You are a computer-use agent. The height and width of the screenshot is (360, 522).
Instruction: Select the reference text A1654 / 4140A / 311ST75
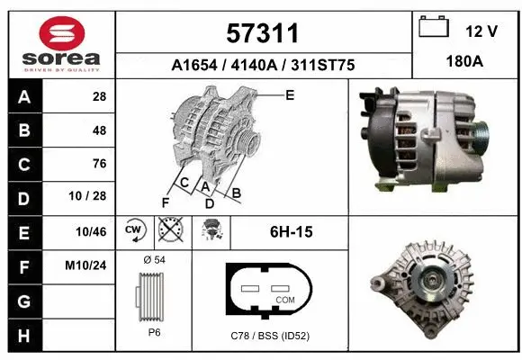pos(262,66)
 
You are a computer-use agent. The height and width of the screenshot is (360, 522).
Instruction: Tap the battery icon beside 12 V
pos(435,29)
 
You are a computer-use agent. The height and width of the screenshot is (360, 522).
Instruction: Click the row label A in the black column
pos(22,97)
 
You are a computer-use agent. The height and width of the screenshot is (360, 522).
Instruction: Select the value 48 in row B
pos(99,130)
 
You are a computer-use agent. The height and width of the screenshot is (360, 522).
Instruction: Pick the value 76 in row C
pos(99,164)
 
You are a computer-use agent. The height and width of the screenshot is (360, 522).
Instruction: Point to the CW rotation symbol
pos(134,231)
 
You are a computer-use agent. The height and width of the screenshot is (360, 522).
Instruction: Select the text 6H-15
pos(291,232)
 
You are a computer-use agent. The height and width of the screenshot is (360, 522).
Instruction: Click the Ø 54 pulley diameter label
pos(154,260)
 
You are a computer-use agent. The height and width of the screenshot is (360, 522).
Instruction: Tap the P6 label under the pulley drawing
pos(154,331)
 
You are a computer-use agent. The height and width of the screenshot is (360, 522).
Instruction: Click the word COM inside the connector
pos(285,299)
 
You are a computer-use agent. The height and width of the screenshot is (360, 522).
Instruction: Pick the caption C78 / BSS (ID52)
pos(270,337)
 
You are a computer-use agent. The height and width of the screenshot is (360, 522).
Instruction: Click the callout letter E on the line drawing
pos(290,94)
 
